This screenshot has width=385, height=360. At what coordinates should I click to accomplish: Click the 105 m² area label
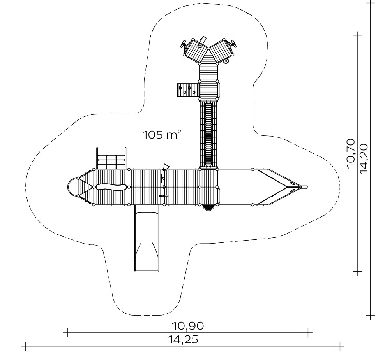click(x=162, y=135)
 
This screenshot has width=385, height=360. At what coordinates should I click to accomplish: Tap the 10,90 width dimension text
click(x=187, y=326)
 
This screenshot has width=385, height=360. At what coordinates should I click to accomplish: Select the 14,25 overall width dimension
click(x=183, y=340)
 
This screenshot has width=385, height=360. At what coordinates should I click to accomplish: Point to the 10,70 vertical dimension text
click(x=351, y=153)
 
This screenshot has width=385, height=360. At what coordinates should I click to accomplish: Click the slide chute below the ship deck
click(x=147, y=238)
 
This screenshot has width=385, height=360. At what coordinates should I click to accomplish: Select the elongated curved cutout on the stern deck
click(x=111, y=187)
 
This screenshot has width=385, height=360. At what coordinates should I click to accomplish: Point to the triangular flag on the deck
click(x=166, y=167)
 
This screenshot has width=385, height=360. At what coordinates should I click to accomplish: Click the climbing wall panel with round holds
click(x=188, y=90)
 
